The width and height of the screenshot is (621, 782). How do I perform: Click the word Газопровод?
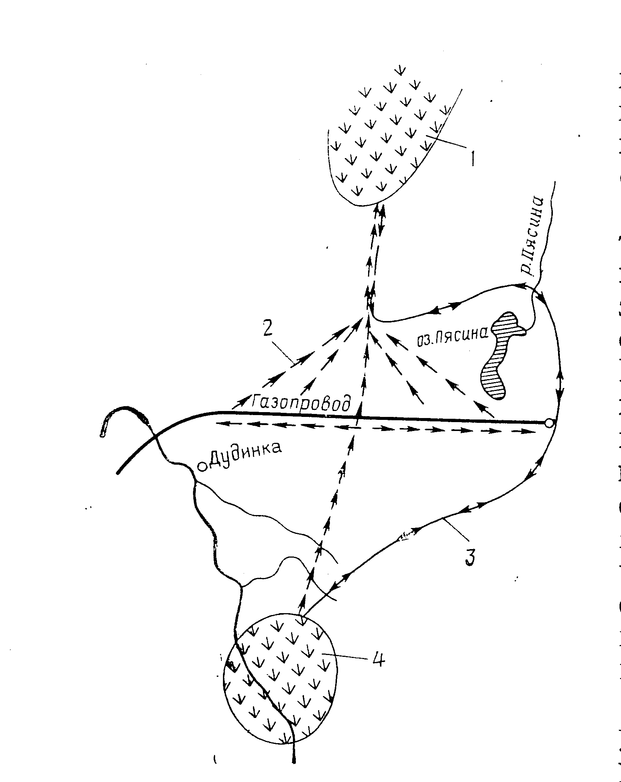point(301,402)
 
